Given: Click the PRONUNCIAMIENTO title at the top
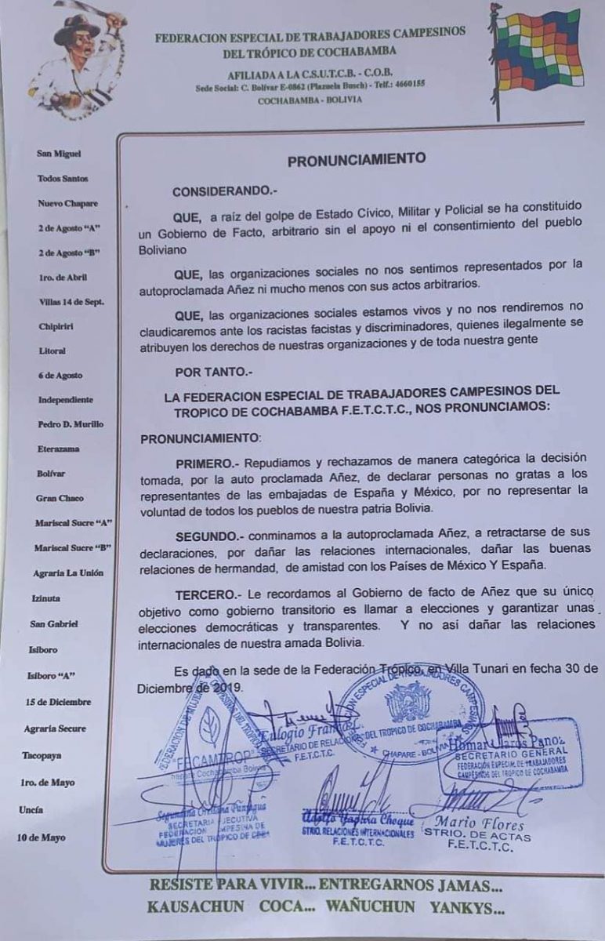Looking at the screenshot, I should point(357,159).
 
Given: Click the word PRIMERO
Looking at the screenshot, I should point(206,462).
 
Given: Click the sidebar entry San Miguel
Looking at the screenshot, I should point(59,154).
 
